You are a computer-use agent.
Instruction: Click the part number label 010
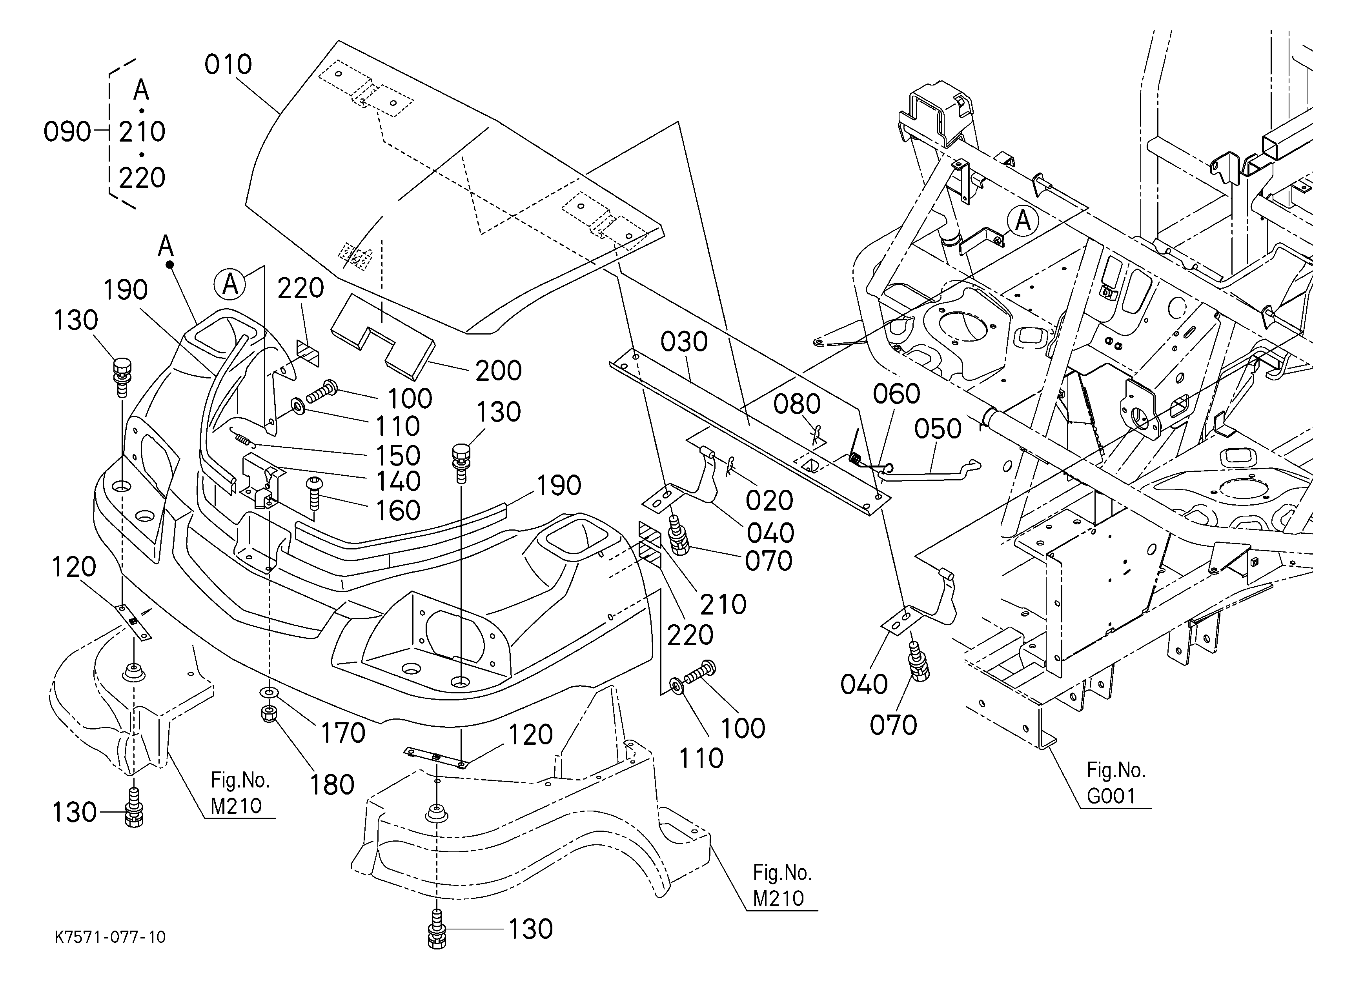coord(228,64)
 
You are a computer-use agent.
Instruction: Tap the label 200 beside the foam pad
coord(498,371)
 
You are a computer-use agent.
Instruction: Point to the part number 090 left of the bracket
coord(67,132)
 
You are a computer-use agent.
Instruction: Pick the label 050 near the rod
coord(938,429)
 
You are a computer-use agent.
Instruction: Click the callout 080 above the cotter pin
coord(797,405)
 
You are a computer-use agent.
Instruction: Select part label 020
coord(769,501)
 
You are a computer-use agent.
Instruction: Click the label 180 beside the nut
coord(332,785)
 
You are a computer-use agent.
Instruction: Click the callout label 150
coord(398,456)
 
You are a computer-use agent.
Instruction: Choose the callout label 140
coord(398,482)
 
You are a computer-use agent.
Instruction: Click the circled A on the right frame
coord(1023,221)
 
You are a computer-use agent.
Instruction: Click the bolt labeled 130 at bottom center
coord(437,930)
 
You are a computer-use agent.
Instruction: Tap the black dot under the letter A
coord(169,264)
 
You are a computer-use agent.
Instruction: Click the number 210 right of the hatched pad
coord(723,605)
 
